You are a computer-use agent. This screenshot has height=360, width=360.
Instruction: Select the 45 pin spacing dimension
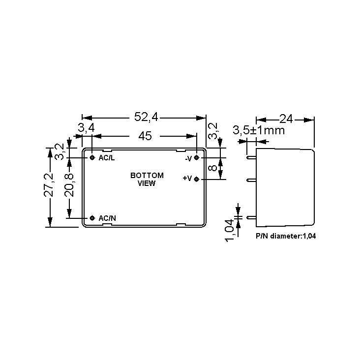click(145, 136)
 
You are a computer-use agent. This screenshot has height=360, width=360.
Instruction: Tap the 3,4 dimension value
click(86, 128)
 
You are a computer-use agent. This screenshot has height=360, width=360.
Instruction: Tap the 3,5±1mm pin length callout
click(259, 131)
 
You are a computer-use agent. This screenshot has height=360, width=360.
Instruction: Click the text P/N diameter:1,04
click(286, 236)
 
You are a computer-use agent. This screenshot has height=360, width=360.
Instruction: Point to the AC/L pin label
click(107, 158)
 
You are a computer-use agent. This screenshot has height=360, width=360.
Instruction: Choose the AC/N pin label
click(107, 218)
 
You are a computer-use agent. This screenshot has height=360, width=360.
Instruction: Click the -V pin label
click(188, 158)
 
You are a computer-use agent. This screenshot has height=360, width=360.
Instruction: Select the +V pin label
click(187, 179)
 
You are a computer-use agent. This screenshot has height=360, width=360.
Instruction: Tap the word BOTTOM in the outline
click(147, 176)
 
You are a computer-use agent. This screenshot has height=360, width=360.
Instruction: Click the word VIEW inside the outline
click(147, 183)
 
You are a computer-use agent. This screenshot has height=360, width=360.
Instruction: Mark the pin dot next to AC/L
click(92, 157)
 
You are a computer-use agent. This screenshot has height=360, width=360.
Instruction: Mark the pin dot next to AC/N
click(92, 218)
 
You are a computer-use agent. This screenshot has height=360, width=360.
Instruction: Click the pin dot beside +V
click(197, 179)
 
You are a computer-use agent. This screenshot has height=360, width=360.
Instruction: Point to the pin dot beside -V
click(197, 158)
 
